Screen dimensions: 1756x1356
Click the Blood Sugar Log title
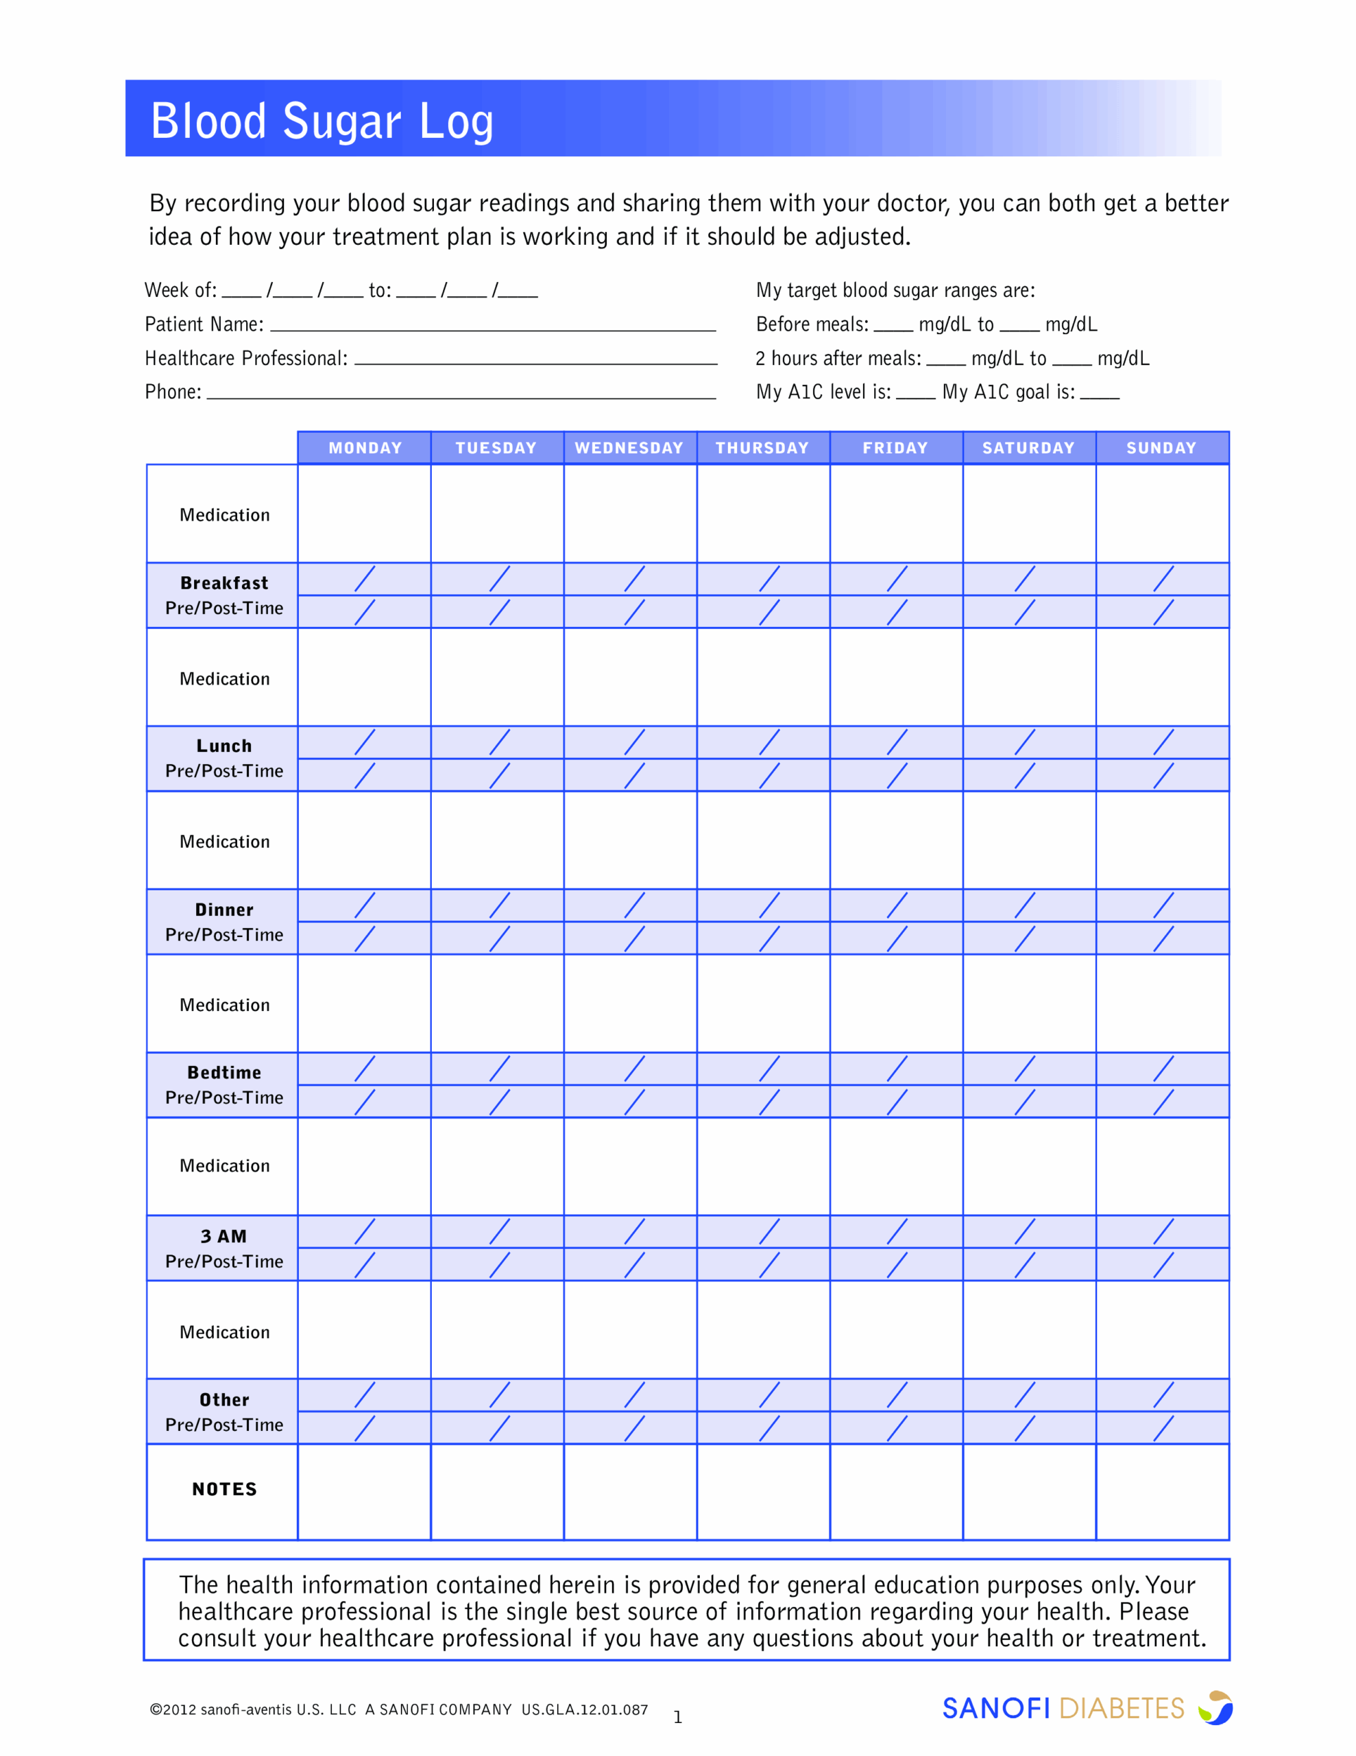pos(322,121)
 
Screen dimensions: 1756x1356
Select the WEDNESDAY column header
pos(629,448)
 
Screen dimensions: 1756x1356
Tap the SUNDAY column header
pos(1161,448)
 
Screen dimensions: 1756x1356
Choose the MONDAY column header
pos(365,448)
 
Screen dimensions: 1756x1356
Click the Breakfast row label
pos(224,583)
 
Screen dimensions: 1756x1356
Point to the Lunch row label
pos(224,746)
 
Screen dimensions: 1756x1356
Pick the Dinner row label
pos(224,910)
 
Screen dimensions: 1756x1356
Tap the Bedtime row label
pos(224,1073)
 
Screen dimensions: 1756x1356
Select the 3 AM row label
pos(224,1236)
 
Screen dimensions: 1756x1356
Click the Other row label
pos(224,1400)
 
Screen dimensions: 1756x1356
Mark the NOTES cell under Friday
pos(896,1491)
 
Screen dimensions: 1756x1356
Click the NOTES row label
pos(224,1489)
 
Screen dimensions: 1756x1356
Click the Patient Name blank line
pos(493,326)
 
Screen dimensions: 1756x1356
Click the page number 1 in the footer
pos(677,1718)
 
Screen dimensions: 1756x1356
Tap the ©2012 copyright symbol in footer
pos(155,1710)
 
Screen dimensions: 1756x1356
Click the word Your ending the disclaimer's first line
pos(1170,1585)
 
